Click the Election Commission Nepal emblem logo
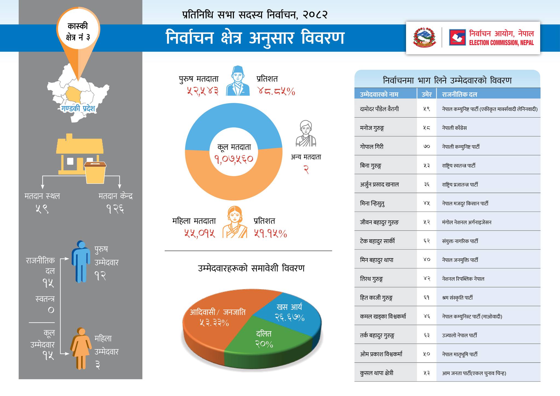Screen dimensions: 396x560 coord(457,37)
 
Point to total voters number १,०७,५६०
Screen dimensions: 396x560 coord(234,159)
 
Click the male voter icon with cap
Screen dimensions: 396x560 coord(238,81)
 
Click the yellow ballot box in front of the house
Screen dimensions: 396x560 coord(95,172)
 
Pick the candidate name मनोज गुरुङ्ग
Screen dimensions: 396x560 coord(372,128)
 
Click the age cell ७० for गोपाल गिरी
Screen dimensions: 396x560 coord(427,147)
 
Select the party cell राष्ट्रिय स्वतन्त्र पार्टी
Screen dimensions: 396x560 coord(459,165)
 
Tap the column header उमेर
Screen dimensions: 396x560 coord(427,94)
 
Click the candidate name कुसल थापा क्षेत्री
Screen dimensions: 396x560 coord(377,373)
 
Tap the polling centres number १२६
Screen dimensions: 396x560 coord(115,209)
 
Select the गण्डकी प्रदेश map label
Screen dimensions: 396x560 coord(78,108)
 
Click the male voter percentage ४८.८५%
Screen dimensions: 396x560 coord(276,91)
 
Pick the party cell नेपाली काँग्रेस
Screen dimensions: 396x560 coord(454,128)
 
